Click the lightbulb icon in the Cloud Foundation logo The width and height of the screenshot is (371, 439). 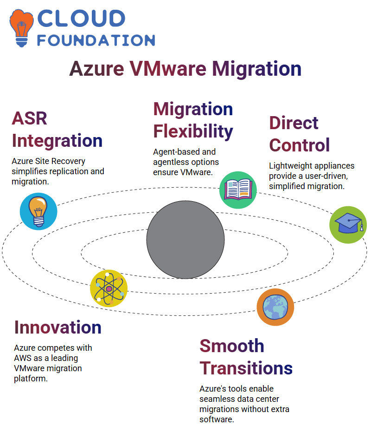click(21, 28)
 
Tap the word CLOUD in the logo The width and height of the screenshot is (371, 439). click(81, 19)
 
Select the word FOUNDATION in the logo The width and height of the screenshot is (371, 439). click(96, 40)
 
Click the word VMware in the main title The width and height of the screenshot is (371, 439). click(168, 69)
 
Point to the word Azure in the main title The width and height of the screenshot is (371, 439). click(97, 69)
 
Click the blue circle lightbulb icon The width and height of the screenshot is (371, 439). click(38, 211)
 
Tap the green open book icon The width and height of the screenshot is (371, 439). click(238, 190)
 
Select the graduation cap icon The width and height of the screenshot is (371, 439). click(348, 225)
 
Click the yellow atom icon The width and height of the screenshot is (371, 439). click(109, 288)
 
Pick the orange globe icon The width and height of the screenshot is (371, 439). click(275, 307)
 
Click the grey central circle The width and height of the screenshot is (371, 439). click(185, 240)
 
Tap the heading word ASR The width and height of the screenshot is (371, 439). click(29, 118)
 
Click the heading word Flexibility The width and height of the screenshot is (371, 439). click(193, 131)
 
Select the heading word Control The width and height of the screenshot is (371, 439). click(300, 145)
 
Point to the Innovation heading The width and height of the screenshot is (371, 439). click(58, 328)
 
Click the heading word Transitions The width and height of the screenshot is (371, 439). click(246, 368)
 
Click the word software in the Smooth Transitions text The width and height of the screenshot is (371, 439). click(217, 419)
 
